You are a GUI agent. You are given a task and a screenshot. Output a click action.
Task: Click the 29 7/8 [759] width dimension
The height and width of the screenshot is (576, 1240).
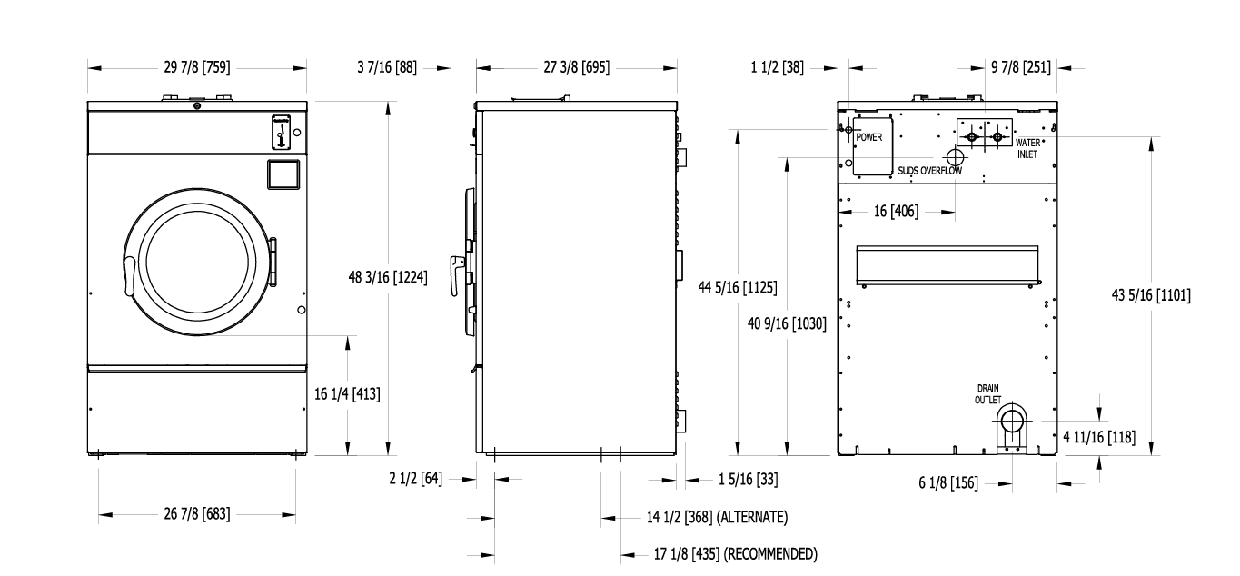pos(196,67)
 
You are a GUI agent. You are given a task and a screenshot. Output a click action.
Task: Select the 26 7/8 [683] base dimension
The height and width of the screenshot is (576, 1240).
pos(196,514)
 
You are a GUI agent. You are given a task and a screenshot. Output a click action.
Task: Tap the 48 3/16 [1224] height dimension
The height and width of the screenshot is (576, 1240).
pos(388,277)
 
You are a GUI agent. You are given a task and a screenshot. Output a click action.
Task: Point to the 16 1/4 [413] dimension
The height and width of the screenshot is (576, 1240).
pos(347,393)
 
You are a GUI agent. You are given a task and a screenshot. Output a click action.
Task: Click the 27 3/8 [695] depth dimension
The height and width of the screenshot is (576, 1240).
pos(576,67)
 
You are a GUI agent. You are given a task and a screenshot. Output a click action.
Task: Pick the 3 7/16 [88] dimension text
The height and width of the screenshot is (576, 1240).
pos(387,67)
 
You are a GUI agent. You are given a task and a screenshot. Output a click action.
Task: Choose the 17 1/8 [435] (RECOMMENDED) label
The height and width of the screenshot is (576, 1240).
pos(735,554)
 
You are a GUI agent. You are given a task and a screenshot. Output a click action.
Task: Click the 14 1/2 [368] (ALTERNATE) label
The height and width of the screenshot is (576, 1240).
pos(717,517)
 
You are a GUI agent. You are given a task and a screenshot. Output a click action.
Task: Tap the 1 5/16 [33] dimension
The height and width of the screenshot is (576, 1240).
pos(748,479)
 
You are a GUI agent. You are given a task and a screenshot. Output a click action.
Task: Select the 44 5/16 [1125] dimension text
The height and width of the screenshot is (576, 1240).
pos(738,287)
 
